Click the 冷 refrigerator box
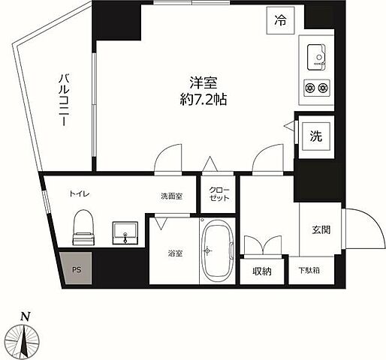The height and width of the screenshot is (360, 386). (x=279, y=22)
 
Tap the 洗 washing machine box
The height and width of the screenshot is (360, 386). (x=316, y=136)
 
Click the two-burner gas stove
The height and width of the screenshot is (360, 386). (x=316, y=88)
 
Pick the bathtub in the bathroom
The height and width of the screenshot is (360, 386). (x=217, y=250)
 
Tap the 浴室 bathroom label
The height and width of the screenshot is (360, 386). (x=174, y=253)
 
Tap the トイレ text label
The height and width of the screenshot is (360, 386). (x=81, y=193)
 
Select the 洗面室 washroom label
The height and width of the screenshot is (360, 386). (x=170, y=196)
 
